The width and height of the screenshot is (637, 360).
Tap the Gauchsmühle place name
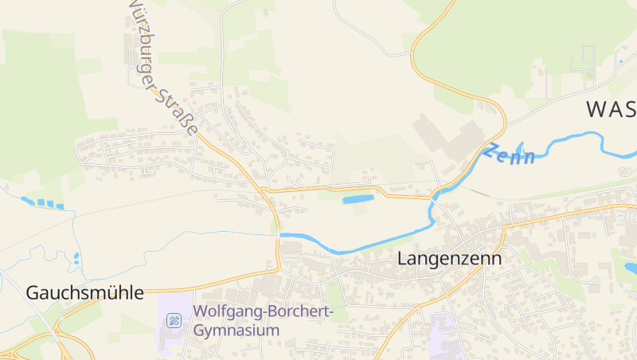click(x=85, y=292)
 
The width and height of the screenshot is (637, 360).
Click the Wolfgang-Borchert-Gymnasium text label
click(x=262, y=320)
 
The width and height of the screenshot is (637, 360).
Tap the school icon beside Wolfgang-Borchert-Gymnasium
click(x=174, y=320)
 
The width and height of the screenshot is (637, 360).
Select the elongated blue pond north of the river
click(x=358, y=198)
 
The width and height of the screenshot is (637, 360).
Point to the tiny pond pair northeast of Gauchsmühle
click(x=76, y=258)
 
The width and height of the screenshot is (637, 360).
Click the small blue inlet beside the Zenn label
click(x=521, y=148)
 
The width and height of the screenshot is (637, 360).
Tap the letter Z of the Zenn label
click(x=494, y=149)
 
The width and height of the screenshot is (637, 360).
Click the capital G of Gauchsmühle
click(x=33, y=292)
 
